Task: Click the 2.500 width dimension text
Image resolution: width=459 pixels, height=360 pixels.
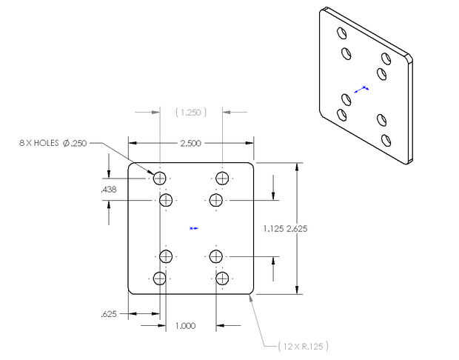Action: [x=190, y=143]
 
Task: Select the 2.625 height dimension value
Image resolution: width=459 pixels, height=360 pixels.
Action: [x=297, y=228]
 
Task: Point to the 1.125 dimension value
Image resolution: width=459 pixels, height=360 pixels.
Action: [x=273, y=228]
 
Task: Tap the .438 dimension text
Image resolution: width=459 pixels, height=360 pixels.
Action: [x=109, y=190]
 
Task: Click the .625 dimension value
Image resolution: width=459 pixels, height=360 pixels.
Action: [x=109, y=314]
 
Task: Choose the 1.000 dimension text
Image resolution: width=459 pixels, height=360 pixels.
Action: [x=185, y=326]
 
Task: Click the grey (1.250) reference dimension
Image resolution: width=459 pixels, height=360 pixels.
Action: [x=191, y=112]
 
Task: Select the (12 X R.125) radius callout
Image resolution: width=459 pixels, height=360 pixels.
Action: [x=303, y=347]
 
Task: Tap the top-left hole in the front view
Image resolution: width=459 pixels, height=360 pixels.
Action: [x=159, y=178]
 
